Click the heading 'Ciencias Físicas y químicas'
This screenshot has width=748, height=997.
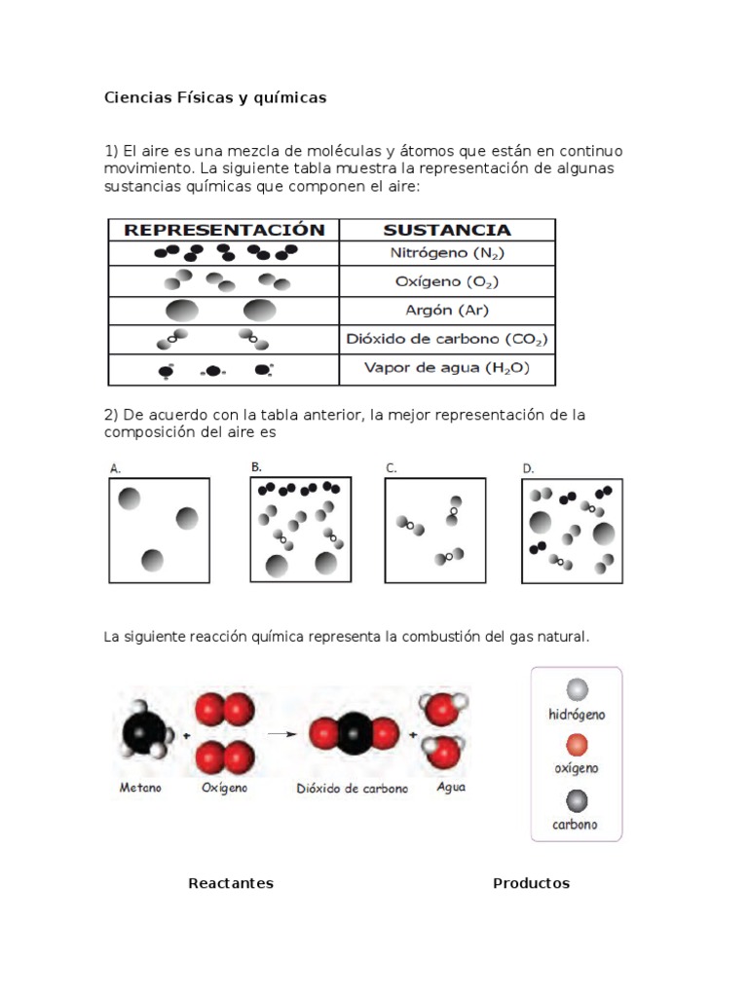tap(215, 98)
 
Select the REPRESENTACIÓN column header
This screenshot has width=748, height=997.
tap(224, 230)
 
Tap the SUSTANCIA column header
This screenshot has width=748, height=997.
tap(446, 230)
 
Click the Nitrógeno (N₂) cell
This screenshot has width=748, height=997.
tap(447, 253)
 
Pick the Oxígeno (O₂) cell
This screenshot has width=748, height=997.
tap(447, 281)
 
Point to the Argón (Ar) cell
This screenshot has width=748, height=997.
tap(447, 311)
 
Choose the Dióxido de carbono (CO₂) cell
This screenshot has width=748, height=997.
tap(447, 339)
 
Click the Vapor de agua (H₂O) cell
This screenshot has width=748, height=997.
tap(447, 368)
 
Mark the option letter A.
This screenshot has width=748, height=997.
tap(115, 468)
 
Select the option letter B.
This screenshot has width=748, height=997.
tap(256, 467)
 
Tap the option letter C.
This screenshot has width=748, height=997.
tap(392, 468)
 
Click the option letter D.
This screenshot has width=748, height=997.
tap(529, 468)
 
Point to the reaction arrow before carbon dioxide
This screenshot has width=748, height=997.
tap(281, 734)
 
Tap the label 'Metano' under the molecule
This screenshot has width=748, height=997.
tap(140, 788)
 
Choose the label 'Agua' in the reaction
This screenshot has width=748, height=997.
tap(451, 787)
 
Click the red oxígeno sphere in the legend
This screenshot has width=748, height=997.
tap(577, 745)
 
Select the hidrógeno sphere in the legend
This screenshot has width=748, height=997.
tap(577, 690)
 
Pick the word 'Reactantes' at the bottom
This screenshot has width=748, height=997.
tap(231, 883)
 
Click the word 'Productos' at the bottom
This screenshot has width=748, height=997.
tap(531, 883)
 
